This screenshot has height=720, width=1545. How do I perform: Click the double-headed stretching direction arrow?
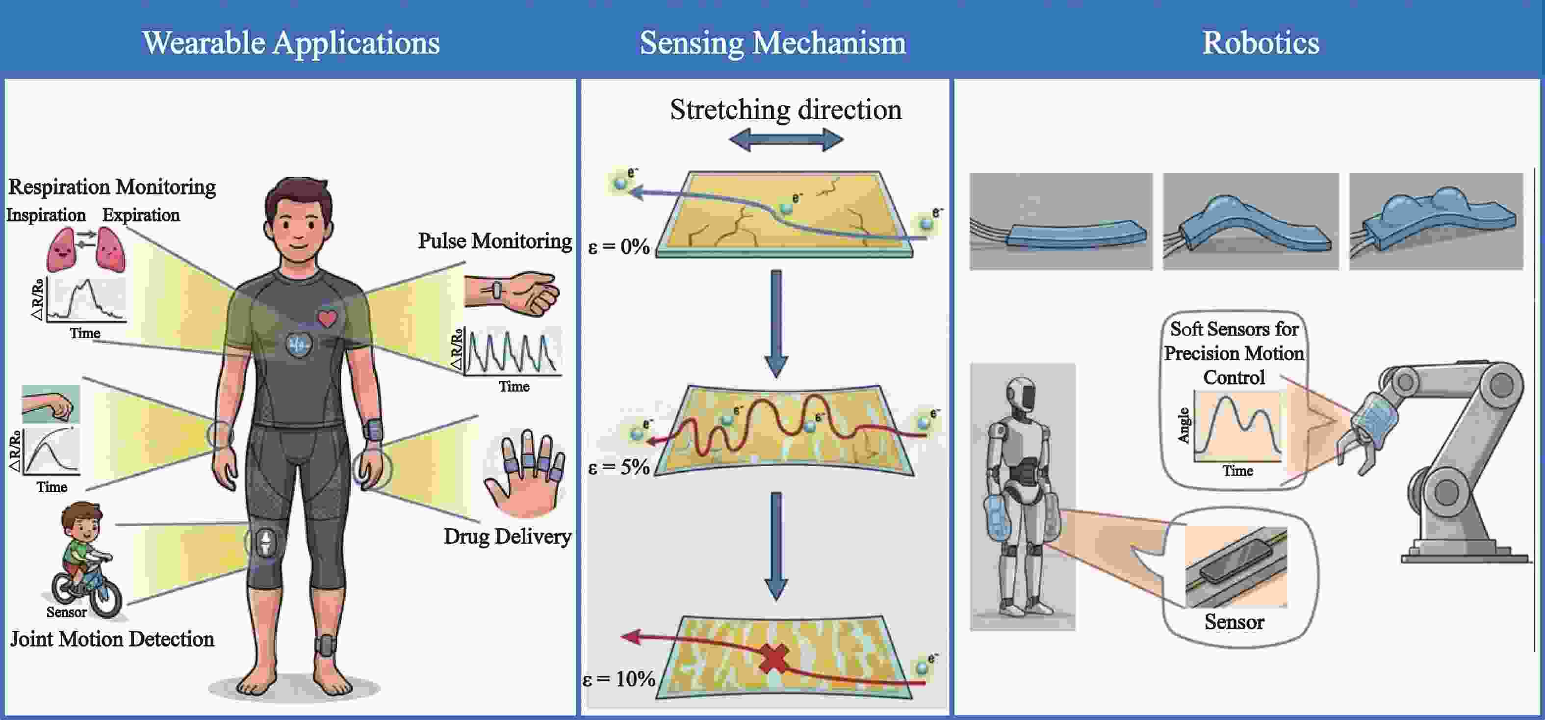click(786, 140)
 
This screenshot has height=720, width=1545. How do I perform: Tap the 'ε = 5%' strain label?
click(619, 467)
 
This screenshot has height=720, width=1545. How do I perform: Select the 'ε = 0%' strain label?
click(619, 246)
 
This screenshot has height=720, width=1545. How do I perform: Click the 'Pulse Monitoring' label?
click(495, 241)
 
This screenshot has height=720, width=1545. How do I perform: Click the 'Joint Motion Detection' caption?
click(112, 639)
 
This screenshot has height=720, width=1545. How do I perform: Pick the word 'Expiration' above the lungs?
click(141, 215)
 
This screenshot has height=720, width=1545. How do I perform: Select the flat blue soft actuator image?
click(1061, 221)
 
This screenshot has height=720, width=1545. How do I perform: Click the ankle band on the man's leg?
click(326, 645)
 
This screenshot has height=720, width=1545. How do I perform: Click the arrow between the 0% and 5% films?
click(776, 324)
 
